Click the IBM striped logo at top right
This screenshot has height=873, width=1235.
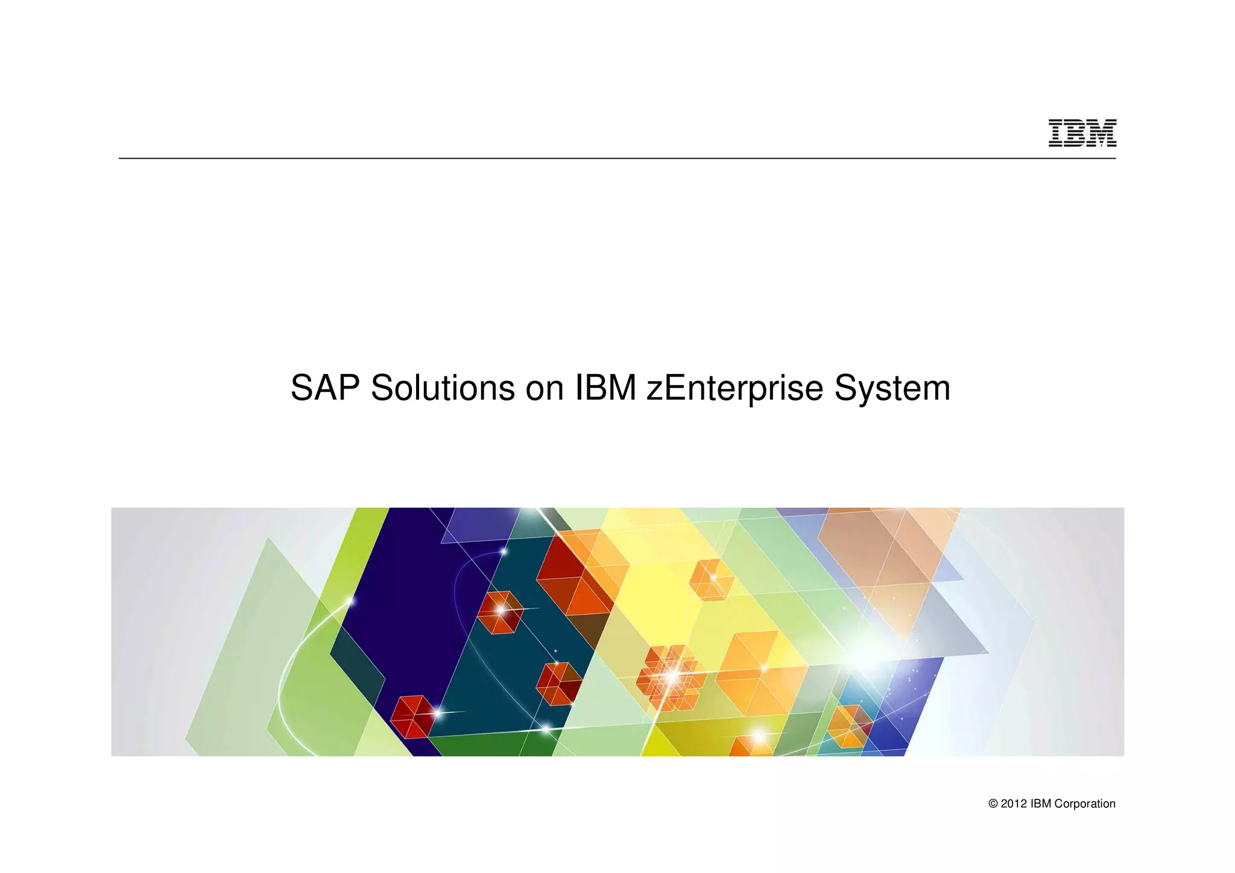coord(1082,133)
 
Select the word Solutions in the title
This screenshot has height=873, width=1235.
coord(443,388)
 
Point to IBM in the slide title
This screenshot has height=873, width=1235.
coord(605,388)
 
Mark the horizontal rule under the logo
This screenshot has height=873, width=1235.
coord(603,158)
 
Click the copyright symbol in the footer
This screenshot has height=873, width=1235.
coord(993,804)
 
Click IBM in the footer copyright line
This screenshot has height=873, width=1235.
coord(1041,804)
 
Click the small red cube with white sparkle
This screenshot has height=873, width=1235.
coord(499,612)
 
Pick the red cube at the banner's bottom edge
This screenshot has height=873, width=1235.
coord(413,716)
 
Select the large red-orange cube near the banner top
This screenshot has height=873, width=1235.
coord(576,573)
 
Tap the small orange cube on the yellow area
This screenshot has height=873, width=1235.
coord(712,580)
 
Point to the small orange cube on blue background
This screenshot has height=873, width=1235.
coord(849,726)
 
